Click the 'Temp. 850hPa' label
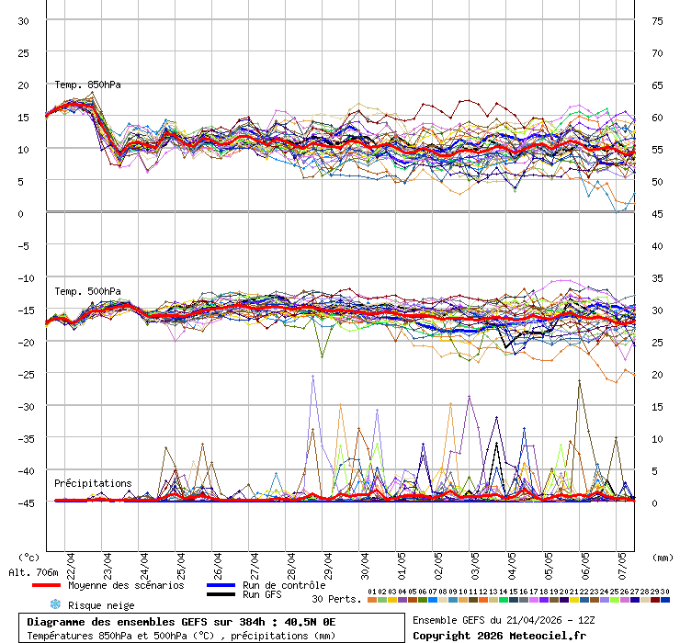click(87, 85)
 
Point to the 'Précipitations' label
click(92, 483)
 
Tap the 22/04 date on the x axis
click(71, 561)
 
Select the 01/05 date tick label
click(402, 561)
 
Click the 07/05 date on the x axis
click(622, 561)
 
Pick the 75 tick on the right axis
click(657, 20)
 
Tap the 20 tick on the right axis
click(657, 374)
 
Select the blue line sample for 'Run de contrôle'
click(221, 585)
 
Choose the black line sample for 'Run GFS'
click(221, 595)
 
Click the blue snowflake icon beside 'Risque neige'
click(55, 604)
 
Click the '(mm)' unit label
click(663, 558)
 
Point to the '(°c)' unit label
click(29, 558)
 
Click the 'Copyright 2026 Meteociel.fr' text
click(499, 636)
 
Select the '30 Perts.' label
click(334, 599)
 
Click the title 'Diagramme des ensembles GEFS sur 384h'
click(138, 622)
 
